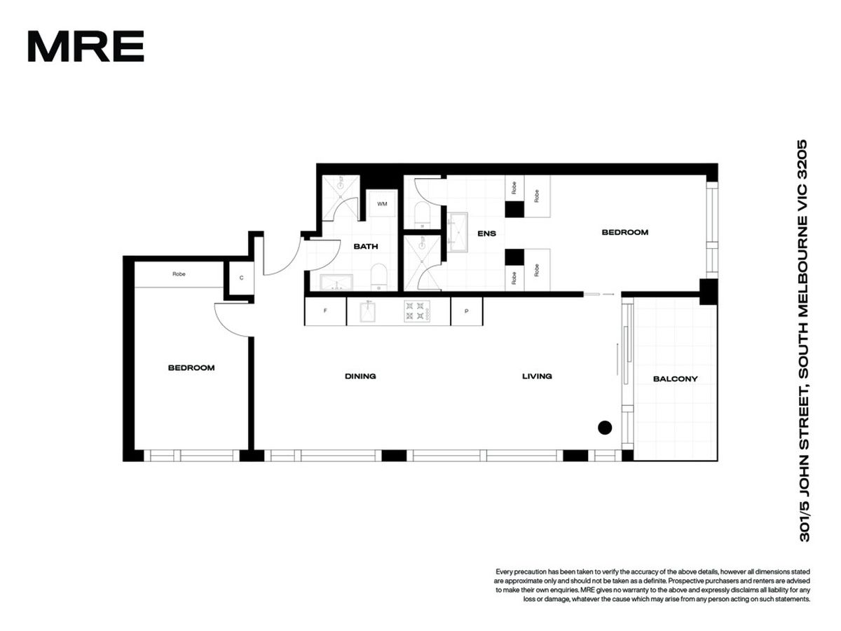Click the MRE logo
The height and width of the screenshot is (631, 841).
[x=86, y=46]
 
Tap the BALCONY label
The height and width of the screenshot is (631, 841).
[x=675, y=379]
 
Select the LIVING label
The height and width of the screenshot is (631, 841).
[x=537, y=376]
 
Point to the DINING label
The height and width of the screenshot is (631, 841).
[x=360, y=376]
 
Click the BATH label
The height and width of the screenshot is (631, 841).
[x=366, y=246]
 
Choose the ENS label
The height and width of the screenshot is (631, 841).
[x=486, y=233]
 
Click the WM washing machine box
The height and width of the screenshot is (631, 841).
[x=382, y=203]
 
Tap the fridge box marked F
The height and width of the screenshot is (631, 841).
[x=325, y=311]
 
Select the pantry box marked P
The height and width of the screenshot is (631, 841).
[x=466, y=311]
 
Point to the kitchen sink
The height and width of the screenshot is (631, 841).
[x=367, y=311]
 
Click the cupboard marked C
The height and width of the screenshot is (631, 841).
[x=241, y=278]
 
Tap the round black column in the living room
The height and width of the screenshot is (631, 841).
[x=605, y=428]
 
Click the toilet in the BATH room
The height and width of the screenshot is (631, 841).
[x=379, y=277]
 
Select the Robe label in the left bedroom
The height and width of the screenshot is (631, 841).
[x=179, y=274]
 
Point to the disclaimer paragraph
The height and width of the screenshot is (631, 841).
[x=652, y=585]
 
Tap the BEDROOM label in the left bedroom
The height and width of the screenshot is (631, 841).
[x=191, y=368]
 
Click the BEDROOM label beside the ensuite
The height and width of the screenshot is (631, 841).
[x=625, y=232]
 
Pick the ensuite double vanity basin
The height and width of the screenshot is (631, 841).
[x=458, y=232]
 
